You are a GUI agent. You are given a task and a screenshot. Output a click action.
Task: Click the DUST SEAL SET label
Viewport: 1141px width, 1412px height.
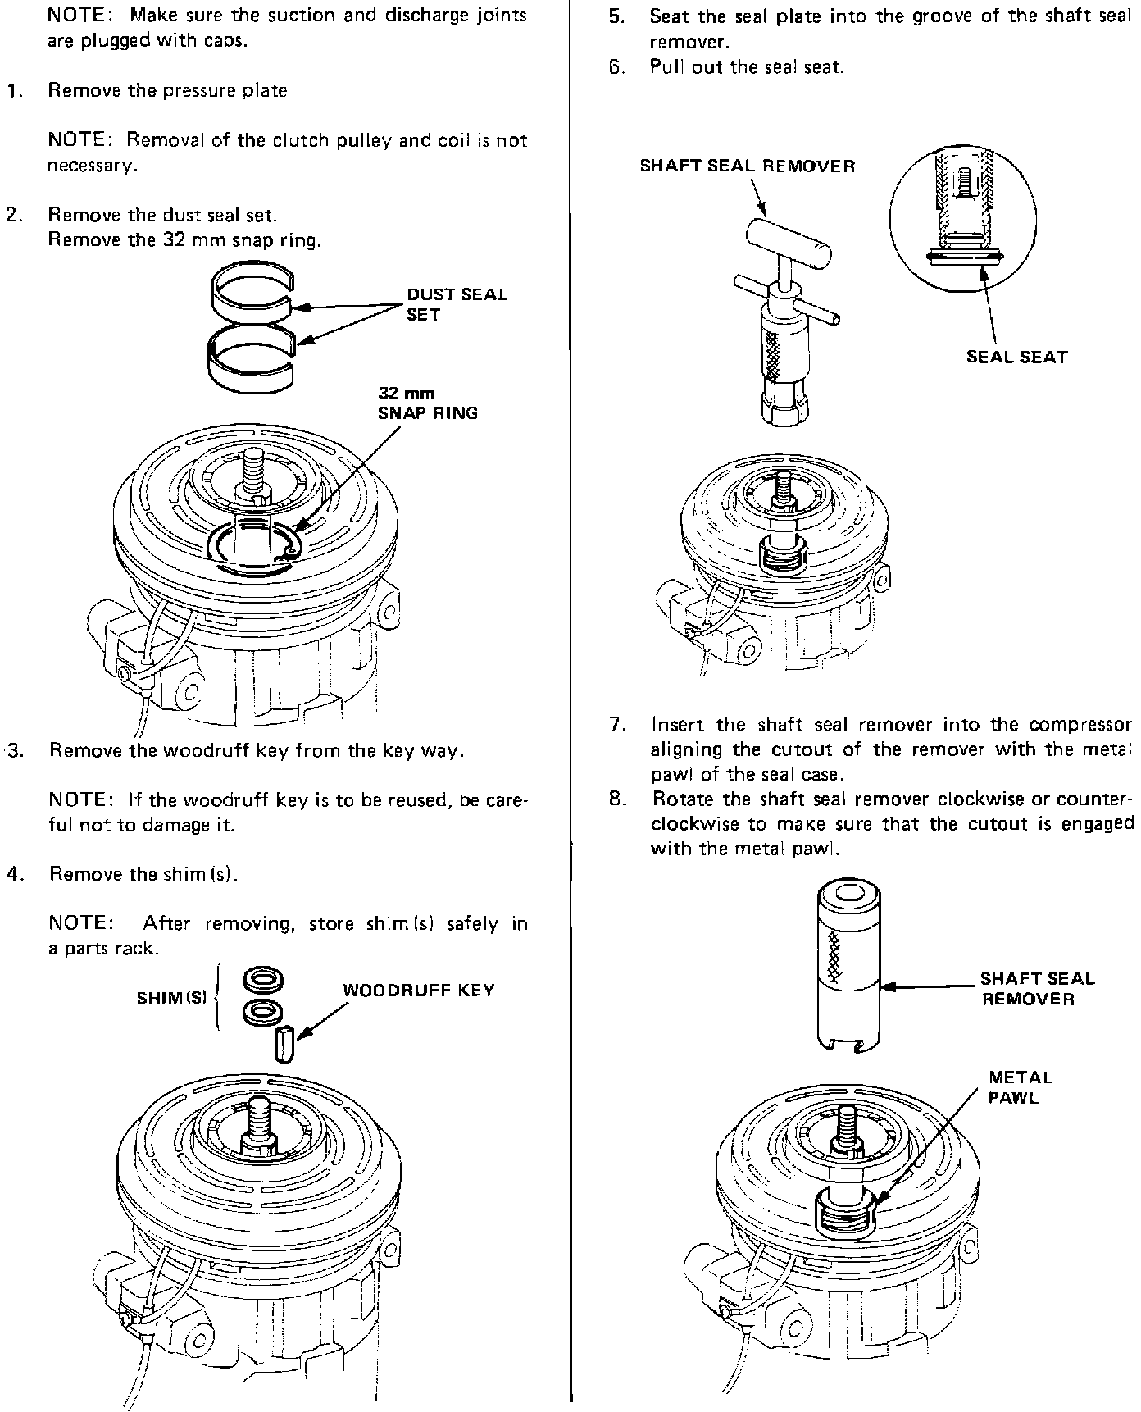457,304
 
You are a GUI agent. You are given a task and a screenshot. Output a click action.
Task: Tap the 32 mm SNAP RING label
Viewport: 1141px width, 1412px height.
427,404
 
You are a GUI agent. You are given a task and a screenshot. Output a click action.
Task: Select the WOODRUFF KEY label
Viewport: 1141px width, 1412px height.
418,990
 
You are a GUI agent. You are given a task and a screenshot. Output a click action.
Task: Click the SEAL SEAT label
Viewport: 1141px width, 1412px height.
1016,357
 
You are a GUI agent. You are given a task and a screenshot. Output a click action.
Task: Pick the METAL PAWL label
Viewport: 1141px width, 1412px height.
1020,1087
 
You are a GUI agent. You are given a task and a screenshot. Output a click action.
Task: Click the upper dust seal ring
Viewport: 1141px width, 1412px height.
252,291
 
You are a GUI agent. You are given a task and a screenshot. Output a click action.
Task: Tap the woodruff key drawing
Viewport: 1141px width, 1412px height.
283,1043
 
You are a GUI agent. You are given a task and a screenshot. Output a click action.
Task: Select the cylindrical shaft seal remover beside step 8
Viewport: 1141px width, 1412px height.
848,967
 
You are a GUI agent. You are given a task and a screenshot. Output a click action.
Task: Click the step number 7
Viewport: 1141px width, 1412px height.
617,725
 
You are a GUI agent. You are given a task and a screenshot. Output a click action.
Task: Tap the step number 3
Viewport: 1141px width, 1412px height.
14,750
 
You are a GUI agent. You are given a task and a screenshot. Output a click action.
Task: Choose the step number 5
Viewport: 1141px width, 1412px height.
616,16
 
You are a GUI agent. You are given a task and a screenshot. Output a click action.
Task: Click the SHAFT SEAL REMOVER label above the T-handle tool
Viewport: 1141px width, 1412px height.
747,166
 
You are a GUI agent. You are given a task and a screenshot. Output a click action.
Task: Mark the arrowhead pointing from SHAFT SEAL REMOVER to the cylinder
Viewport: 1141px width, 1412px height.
887,987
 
